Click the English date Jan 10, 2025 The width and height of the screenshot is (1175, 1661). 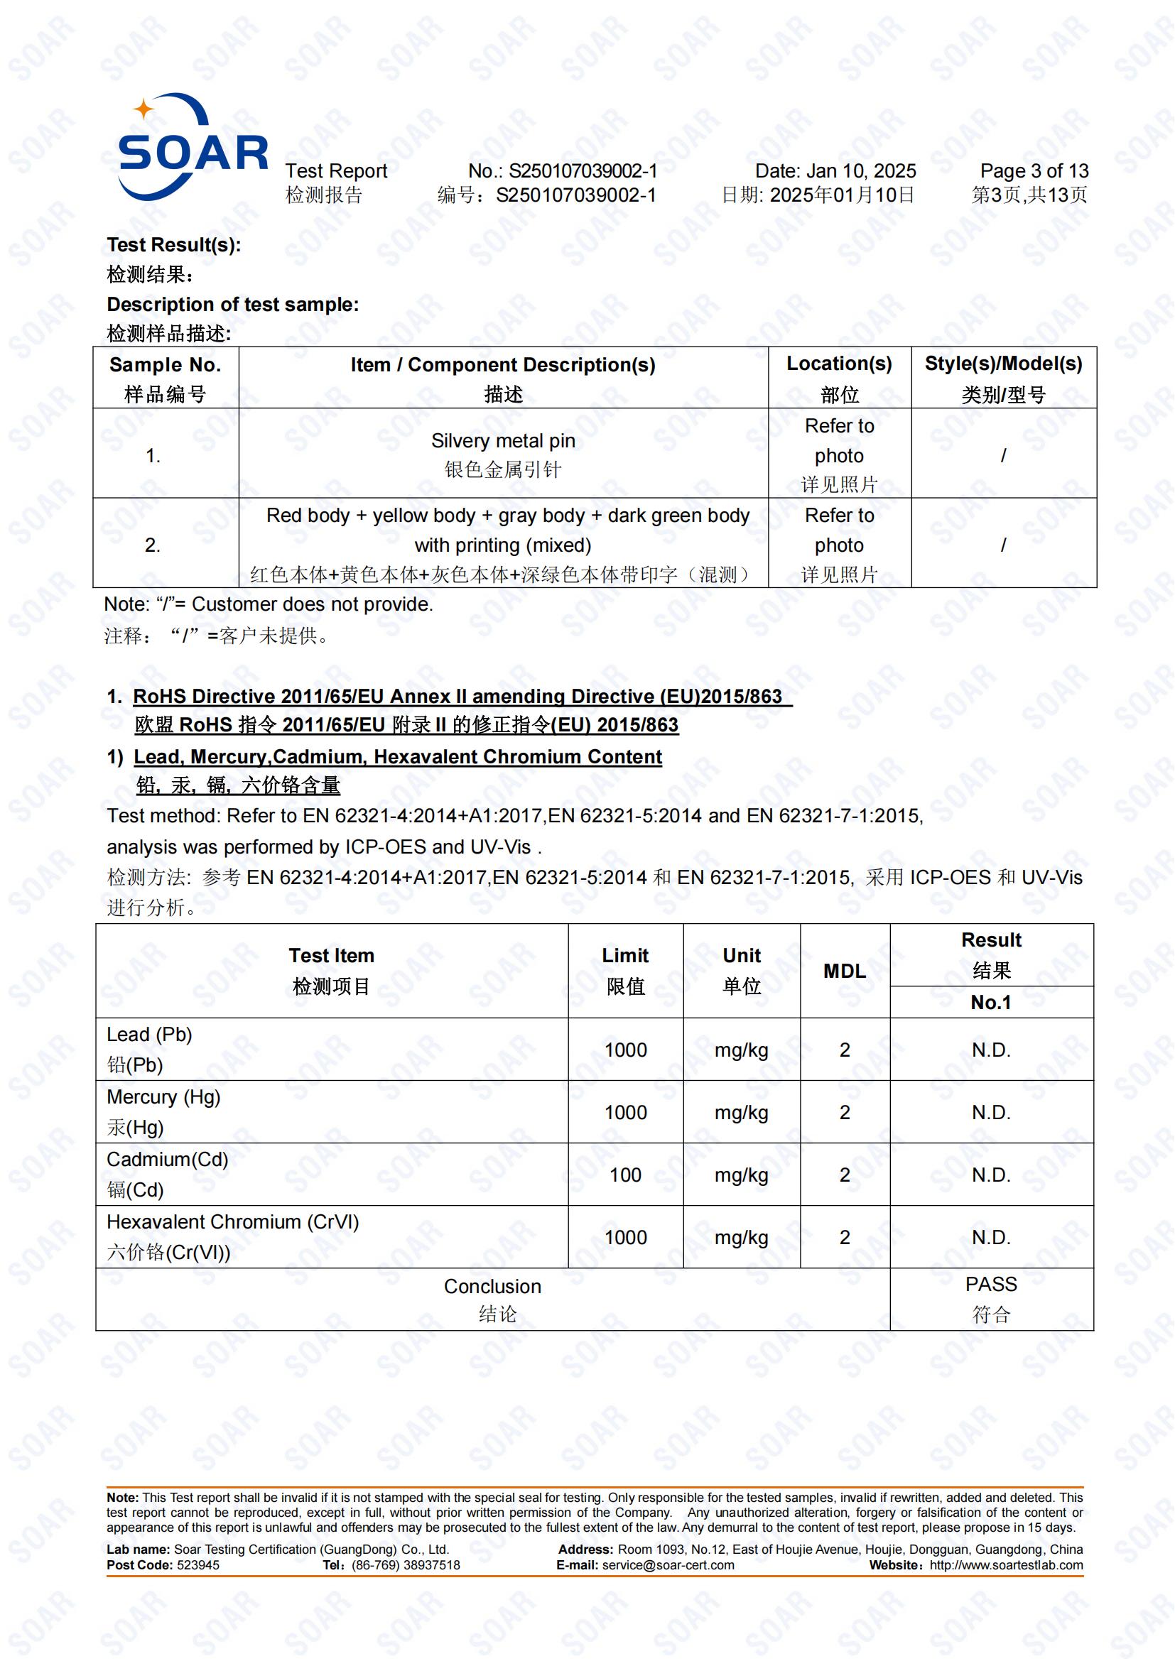860,171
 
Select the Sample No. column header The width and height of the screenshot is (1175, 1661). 165,365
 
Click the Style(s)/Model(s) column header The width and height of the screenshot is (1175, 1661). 1003,364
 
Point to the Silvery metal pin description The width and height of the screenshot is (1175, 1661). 503,441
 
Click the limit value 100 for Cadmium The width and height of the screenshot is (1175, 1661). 625,1175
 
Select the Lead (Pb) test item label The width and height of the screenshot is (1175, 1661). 149,1035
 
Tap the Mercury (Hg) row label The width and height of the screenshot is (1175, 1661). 163,1097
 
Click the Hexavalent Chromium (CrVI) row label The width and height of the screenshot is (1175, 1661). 232,1222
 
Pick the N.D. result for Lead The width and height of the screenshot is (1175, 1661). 990,1050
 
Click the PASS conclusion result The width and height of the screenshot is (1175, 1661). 990,1285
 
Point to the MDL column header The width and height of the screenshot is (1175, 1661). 845,971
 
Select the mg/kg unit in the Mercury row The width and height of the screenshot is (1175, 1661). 741,1113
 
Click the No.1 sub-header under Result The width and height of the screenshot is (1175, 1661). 990,1003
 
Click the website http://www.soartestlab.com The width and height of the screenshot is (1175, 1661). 1006,1566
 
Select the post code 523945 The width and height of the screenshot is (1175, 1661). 197,1566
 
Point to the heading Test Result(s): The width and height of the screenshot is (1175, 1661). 173,245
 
